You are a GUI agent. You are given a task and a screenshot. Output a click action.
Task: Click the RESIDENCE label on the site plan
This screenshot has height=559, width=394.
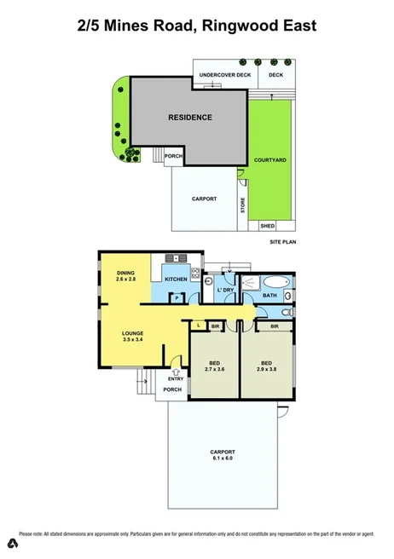point(189,118)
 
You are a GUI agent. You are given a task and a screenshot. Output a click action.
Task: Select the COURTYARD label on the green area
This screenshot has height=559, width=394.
point(270,160)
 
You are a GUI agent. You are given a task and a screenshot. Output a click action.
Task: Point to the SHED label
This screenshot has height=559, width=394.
point(267,226)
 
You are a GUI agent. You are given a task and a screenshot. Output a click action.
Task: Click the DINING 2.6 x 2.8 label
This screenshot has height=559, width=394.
point(126,276)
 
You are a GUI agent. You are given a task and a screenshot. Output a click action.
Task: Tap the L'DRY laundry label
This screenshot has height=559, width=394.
point(225,291)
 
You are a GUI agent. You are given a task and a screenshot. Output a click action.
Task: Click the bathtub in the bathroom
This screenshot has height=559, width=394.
point(275,281)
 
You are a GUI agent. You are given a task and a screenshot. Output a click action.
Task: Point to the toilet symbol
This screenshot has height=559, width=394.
point(287,313)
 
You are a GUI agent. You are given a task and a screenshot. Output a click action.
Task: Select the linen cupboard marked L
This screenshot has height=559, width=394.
point(198,326)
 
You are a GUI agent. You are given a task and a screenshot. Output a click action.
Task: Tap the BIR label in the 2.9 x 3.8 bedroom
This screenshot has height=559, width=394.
point(274,326)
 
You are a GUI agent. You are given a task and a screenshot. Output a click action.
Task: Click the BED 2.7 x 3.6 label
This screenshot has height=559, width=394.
point(214,367)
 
